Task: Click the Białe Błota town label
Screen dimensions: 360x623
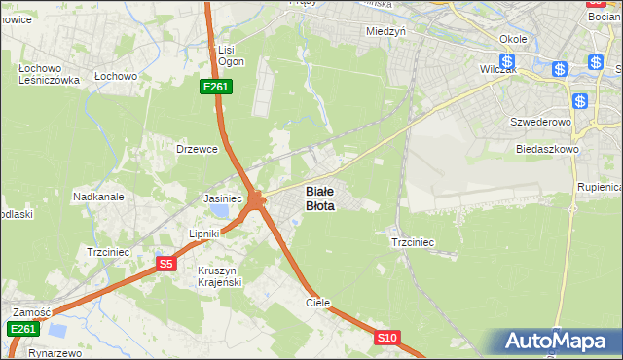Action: [320, 198]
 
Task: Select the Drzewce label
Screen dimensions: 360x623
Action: [195, 149]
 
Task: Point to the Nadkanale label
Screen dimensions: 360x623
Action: [98, 197]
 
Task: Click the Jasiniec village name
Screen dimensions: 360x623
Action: [222, 198]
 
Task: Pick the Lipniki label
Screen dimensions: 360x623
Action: [206, 234]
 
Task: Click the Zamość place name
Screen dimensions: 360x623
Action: [31, 312]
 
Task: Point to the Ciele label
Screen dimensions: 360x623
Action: [318, 303]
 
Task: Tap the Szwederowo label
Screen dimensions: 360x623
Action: [537, 123]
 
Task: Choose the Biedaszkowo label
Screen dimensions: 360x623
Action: [548, 150]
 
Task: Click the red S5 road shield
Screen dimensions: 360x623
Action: [165, 264]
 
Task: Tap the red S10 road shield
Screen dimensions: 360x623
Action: [386, 338]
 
